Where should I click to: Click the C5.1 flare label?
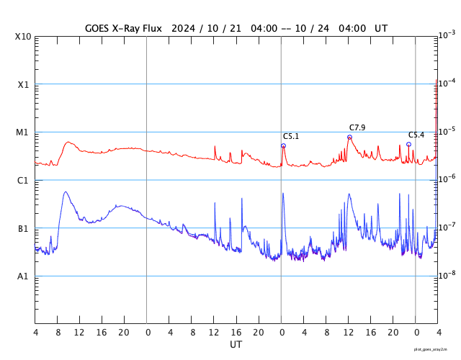[290, 136]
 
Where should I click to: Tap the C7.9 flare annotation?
[357, 127]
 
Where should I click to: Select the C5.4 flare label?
[416, 135]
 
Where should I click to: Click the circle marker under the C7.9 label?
[349, 137]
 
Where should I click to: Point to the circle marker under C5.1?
[283, 145]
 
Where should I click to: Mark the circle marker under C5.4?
[408, 144]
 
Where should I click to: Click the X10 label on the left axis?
[23, 37]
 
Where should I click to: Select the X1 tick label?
[23, 84]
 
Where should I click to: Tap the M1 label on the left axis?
[23, 132]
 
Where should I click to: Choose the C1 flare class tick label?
[23, 180]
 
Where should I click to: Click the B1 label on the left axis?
[23, 228]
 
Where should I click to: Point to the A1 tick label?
[23, 276]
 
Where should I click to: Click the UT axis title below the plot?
[236, 345]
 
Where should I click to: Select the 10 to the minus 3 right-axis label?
[447, 35]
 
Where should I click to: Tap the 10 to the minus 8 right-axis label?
[447, 275]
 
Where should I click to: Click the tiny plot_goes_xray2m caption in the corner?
[430, 349]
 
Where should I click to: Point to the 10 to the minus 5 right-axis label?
[447, 131]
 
